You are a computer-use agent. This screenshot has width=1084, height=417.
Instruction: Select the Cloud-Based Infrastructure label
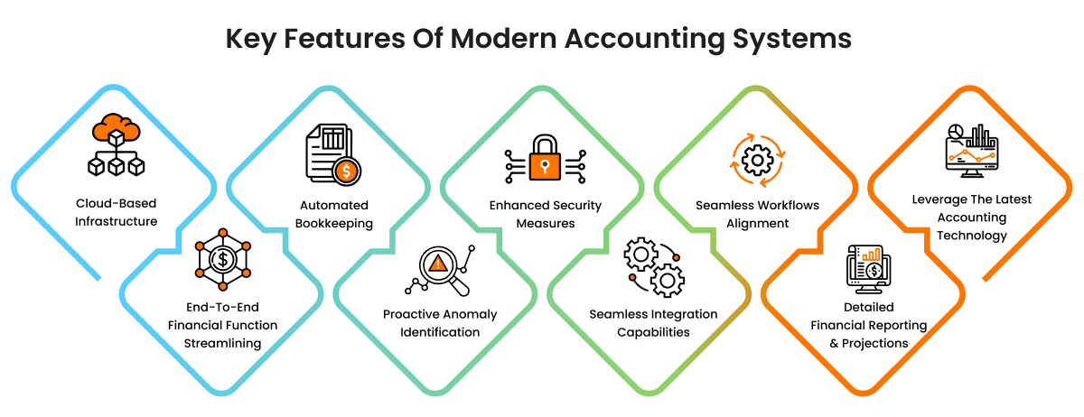(117, 213)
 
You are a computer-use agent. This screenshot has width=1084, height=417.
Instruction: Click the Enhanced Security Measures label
(545, 214)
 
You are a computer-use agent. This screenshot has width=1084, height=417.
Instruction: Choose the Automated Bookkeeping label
(335, 214)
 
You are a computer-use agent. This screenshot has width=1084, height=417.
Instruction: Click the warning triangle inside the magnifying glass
(438, 264)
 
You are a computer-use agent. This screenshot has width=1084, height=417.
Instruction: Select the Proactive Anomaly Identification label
(440, 323)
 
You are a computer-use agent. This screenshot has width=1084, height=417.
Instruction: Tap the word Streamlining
(221, 343)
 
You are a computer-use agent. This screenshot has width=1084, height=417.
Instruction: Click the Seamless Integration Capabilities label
(653, 323)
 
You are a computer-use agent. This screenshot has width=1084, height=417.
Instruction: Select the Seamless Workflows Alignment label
(757, 214)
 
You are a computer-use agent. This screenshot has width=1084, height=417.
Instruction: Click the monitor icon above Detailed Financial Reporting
(867, 268)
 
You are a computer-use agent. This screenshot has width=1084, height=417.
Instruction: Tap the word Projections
(874, 343)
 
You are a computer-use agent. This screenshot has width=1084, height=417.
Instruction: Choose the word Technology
(971, 236)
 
